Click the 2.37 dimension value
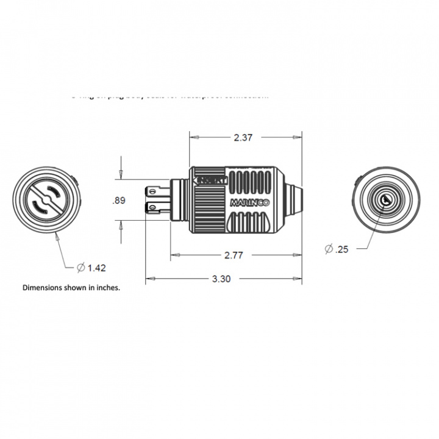(243, 138)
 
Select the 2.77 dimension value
(234, 255)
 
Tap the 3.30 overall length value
(221, 279)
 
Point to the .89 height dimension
(120, 201)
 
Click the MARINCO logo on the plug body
(252, 203)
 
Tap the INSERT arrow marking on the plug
(209, 181)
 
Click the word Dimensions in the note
(44, 287)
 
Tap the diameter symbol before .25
(329, 249)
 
